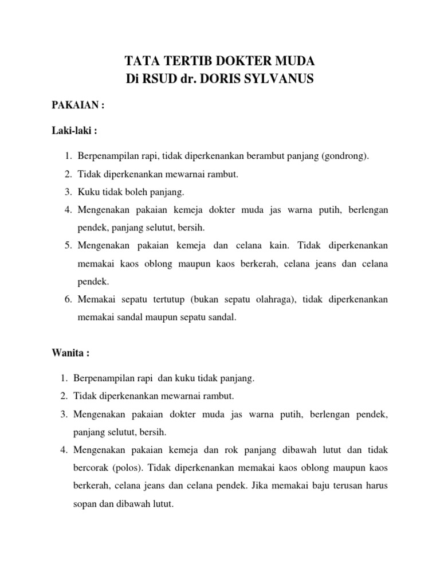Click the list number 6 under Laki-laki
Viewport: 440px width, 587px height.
click(67, 299)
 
